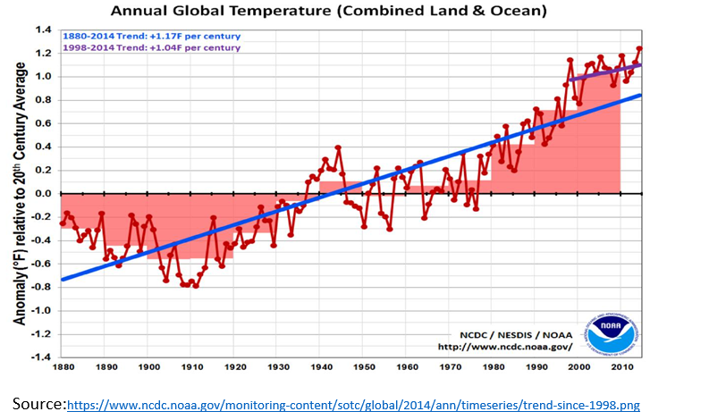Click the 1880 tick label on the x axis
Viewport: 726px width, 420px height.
click(62, 367)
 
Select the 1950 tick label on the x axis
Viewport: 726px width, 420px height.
click(364, 367)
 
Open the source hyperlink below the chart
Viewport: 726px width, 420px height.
click(353, 406)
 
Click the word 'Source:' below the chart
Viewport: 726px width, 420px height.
click(38, 404)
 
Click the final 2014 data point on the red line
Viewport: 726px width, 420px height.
click(639, 49)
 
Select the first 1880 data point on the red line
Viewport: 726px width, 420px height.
click(62, 223)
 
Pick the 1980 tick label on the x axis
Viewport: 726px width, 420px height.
click(493, 367)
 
